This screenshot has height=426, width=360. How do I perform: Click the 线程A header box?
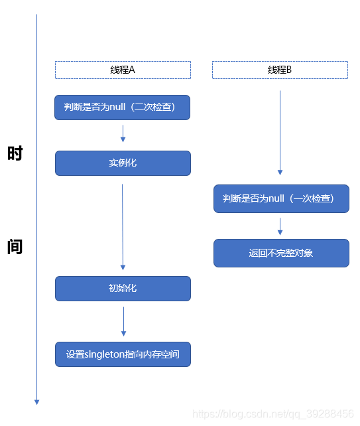pos(123,70)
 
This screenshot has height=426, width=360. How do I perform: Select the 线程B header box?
pos(280,70)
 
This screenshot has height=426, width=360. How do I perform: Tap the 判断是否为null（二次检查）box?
pos(123,107)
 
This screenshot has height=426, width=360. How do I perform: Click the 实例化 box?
pos(123,163)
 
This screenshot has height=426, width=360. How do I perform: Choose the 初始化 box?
pos(123,288)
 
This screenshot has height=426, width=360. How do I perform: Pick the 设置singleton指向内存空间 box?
pos(123,354)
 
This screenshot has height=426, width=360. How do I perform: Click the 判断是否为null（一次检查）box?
pos(281,198)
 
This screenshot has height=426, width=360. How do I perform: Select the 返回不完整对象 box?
pos(281,253)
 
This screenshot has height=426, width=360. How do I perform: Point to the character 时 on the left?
pos(15,153)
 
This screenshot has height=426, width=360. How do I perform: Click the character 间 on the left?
pos(15,247)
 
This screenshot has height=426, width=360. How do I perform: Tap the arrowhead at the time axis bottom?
pos(37,401)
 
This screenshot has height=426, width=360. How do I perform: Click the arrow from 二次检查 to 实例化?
pos(123,135)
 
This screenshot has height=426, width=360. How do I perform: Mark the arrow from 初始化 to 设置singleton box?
pos(123,321)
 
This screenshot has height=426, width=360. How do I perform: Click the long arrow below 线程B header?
pos(280,133)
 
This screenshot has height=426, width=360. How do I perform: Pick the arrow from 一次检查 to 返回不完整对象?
pos(280,226)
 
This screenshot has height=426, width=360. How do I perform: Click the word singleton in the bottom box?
pos(103,354)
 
